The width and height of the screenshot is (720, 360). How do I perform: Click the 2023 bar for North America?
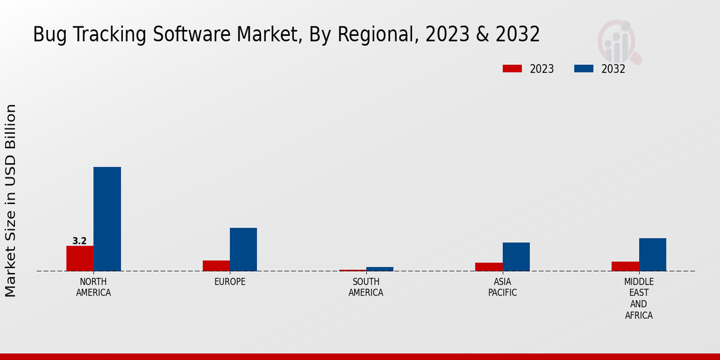(x=80, y=258)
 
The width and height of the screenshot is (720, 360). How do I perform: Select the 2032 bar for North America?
(x=107, y=219)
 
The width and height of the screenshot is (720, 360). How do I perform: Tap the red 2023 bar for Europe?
(x=216, y=265)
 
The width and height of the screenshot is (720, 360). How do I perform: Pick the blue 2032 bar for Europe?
(x=243, y=249)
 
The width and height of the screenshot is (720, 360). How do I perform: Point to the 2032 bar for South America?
(x=380, y=269)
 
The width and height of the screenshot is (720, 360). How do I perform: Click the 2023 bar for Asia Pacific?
(x=488, y=266)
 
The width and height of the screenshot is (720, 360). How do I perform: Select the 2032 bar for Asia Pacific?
(x=516, y=256)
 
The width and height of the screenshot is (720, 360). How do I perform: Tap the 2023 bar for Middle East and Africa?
(x=625, y=266)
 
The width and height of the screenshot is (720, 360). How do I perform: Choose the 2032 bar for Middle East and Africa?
(x=652, y=254)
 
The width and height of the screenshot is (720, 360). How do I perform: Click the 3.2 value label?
(x=80, y=241)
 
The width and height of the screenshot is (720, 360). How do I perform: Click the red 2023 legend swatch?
(x=512, y=68)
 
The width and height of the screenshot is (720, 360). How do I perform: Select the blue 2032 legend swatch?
(x=583, y=68)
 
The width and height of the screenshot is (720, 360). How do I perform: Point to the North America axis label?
(x=94, y=287)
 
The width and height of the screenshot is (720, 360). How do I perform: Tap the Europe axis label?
(x=230, y=282)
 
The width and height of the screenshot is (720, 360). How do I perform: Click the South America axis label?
(x=366, y=287)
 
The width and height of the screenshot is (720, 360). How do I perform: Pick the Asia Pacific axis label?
(x=502, y=287)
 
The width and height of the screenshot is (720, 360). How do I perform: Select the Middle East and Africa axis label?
(x=639, y=298)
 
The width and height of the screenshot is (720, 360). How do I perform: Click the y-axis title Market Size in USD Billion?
(x=11, y=200)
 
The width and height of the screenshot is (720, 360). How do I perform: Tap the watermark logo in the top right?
(x=619, y=41)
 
